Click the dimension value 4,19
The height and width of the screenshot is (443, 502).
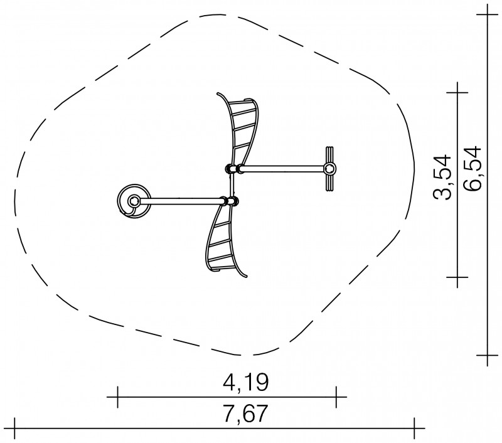pos(245,382)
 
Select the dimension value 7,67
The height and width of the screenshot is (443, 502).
pos(245,414)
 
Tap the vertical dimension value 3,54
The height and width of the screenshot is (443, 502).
pos(442,177)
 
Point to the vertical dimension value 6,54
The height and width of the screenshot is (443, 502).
pos(473,168)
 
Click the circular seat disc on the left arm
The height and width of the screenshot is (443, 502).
pos(134,201)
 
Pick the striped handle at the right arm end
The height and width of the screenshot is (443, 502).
pos(330,169)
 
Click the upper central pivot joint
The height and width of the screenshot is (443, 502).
pos(234,168)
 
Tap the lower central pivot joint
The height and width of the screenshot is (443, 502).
pos(230,201)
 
